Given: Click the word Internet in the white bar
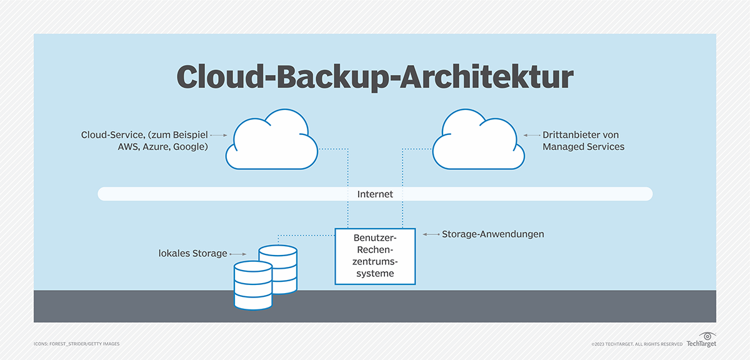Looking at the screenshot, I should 375,194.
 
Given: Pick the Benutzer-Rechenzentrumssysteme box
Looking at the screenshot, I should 375,256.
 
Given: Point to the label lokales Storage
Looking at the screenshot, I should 192,254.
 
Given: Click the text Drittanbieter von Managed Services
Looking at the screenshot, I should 582,141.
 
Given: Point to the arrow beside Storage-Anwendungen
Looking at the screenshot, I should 431,234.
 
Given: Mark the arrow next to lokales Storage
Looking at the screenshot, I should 237,254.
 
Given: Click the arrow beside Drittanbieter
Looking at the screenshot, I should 531,134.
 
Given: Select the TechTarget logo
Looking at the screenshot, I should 701,341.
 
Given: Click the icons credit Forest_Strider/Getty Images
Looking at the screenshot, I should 76,344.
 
